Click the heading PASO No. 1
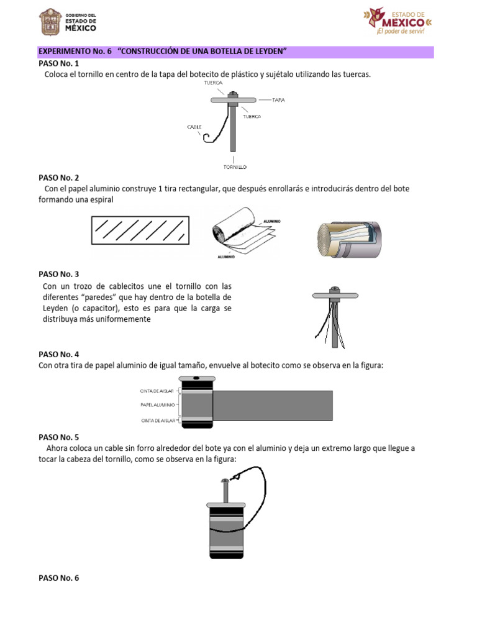click(x=59, y=63)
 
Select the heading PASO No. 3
click(x=59, y=274)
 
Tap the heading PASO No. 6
click(x=59, y=578)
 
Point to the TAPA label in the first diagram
click(x=279, y=99)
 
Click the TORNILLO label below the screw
click(x=235, y=167)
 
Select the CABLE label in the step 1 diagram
click(x=195, y=127)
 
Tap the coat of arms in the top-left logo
click(x=51, y=23)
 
